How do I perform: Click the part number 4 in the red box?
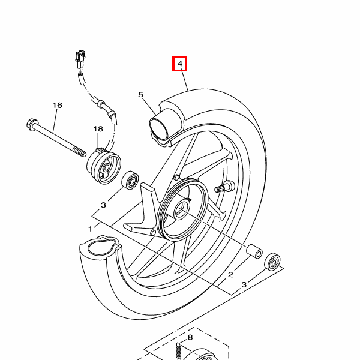(180, 64)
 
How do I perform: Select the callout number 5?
(141, 94)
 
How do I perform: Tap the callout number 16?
(58, 105)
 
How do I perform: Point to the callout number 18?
(98, 129)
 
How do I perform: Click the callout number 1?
(90, 229)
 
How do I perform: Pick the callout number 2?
(230, 275)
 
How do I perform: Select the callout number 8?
(190, 337)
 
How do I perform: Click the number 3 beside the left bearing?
(103, 205)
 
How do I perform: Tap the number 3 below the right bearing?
(244, 284)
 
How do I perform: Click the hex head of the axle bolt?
(31, 124)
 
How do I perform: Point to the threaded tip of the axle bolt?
(80, 152)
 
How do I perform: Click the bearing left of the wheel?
(130, 180)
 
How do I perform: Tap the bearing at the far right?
(272, 262)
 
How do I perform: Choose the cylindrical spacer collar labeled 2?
(254, 251)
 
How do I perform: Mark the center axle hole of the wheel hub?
(181, 209)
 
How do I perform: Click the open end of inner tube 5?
(158, 128)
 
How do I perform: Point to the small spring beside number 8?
(179, 351)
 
